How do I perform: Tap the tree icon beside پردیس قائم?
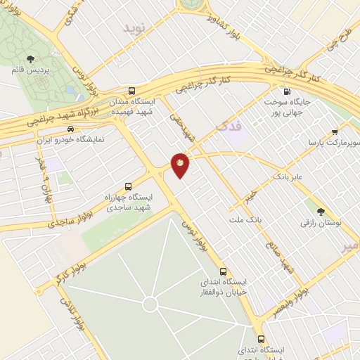pos(30,60)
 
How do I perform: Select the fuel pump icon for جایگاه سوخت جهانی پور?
pos(285,91)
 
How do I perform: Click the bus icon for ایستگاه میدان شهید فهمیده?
pos(132,91)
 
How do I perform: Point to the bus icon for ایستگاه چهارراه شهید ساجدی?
pos(128,186)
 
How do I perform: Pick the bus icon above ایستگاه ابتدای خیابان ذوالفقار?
pos(224,271)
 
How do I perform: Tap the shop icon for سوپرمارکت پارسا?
pos(335,131)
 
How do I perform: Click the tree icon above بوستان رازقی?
pos(321,211)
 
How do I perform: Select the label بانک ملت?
pos(244,220)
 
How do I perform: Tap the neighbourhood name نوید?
pos(137,29)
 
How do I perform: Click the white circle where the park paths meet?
pos(150,304)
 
